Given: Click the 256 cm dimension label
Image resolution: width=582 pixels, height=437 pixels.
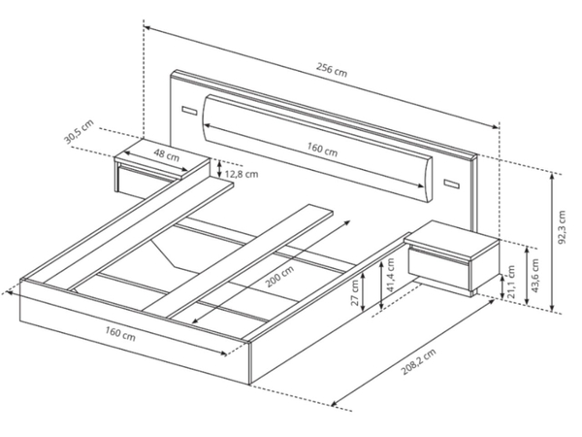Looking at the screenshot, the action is (332, 70).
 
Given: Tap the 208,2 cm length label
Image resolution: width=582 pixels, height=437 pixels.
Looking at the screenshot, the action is (418, 362).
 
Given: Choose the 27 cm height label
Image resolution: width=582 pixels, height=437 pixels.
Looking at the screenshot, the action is (355, 293).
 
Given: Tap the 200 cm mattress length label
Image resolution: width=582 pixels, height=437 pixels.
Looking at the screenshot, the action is (280, 277).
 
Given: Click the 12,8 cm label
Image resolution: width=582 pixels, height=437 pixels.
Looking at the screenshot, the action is (242, 174).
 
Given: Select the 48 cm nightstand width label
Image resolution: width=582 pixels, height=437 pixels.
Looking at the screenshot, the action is (166, 155).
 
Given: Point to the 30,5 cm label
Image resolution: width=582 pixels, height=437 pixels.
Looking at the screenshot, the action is (79, 132).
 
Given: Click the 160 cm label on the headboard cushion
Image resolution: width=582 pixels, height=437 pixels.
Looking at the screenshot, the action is (322, 150).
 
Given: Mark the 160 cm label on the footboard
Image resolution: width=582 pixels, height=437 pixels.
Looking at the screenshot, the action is (120, 333).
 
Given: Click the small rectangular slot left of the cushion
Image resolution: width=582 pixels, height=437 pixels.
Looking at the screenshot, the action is (189, 111).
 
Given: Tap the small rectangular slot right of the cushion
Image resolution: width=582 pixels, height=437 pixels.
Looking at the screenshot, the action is (451, 184).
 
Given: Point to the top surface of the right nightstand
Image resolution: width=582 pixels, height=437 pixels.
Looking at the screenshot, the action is (452, 239).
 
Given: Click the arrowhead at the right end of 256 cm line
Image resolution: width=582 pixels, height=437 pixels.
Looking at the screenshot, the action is (496, 126).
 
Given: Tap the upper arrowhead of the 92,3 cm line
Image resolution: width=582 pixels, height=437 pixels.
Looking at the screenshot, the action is (552, 178).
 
